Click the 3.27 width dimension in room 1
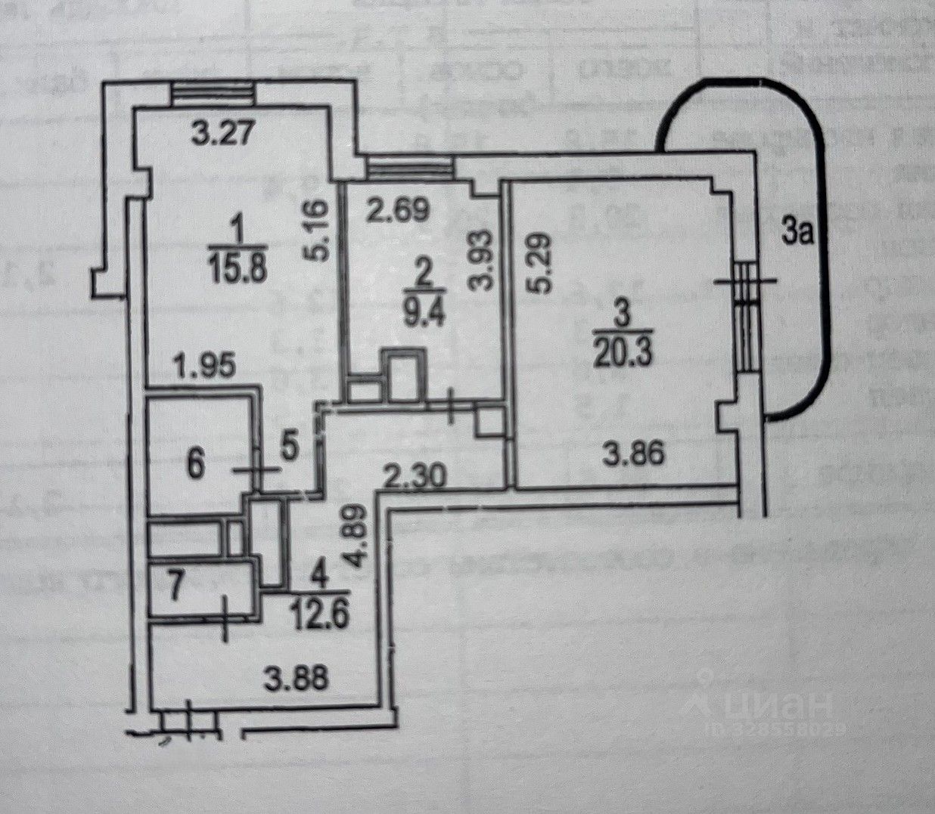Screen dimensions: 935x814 [218, 137]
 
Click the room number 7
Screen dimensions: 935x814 [174, 587]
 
